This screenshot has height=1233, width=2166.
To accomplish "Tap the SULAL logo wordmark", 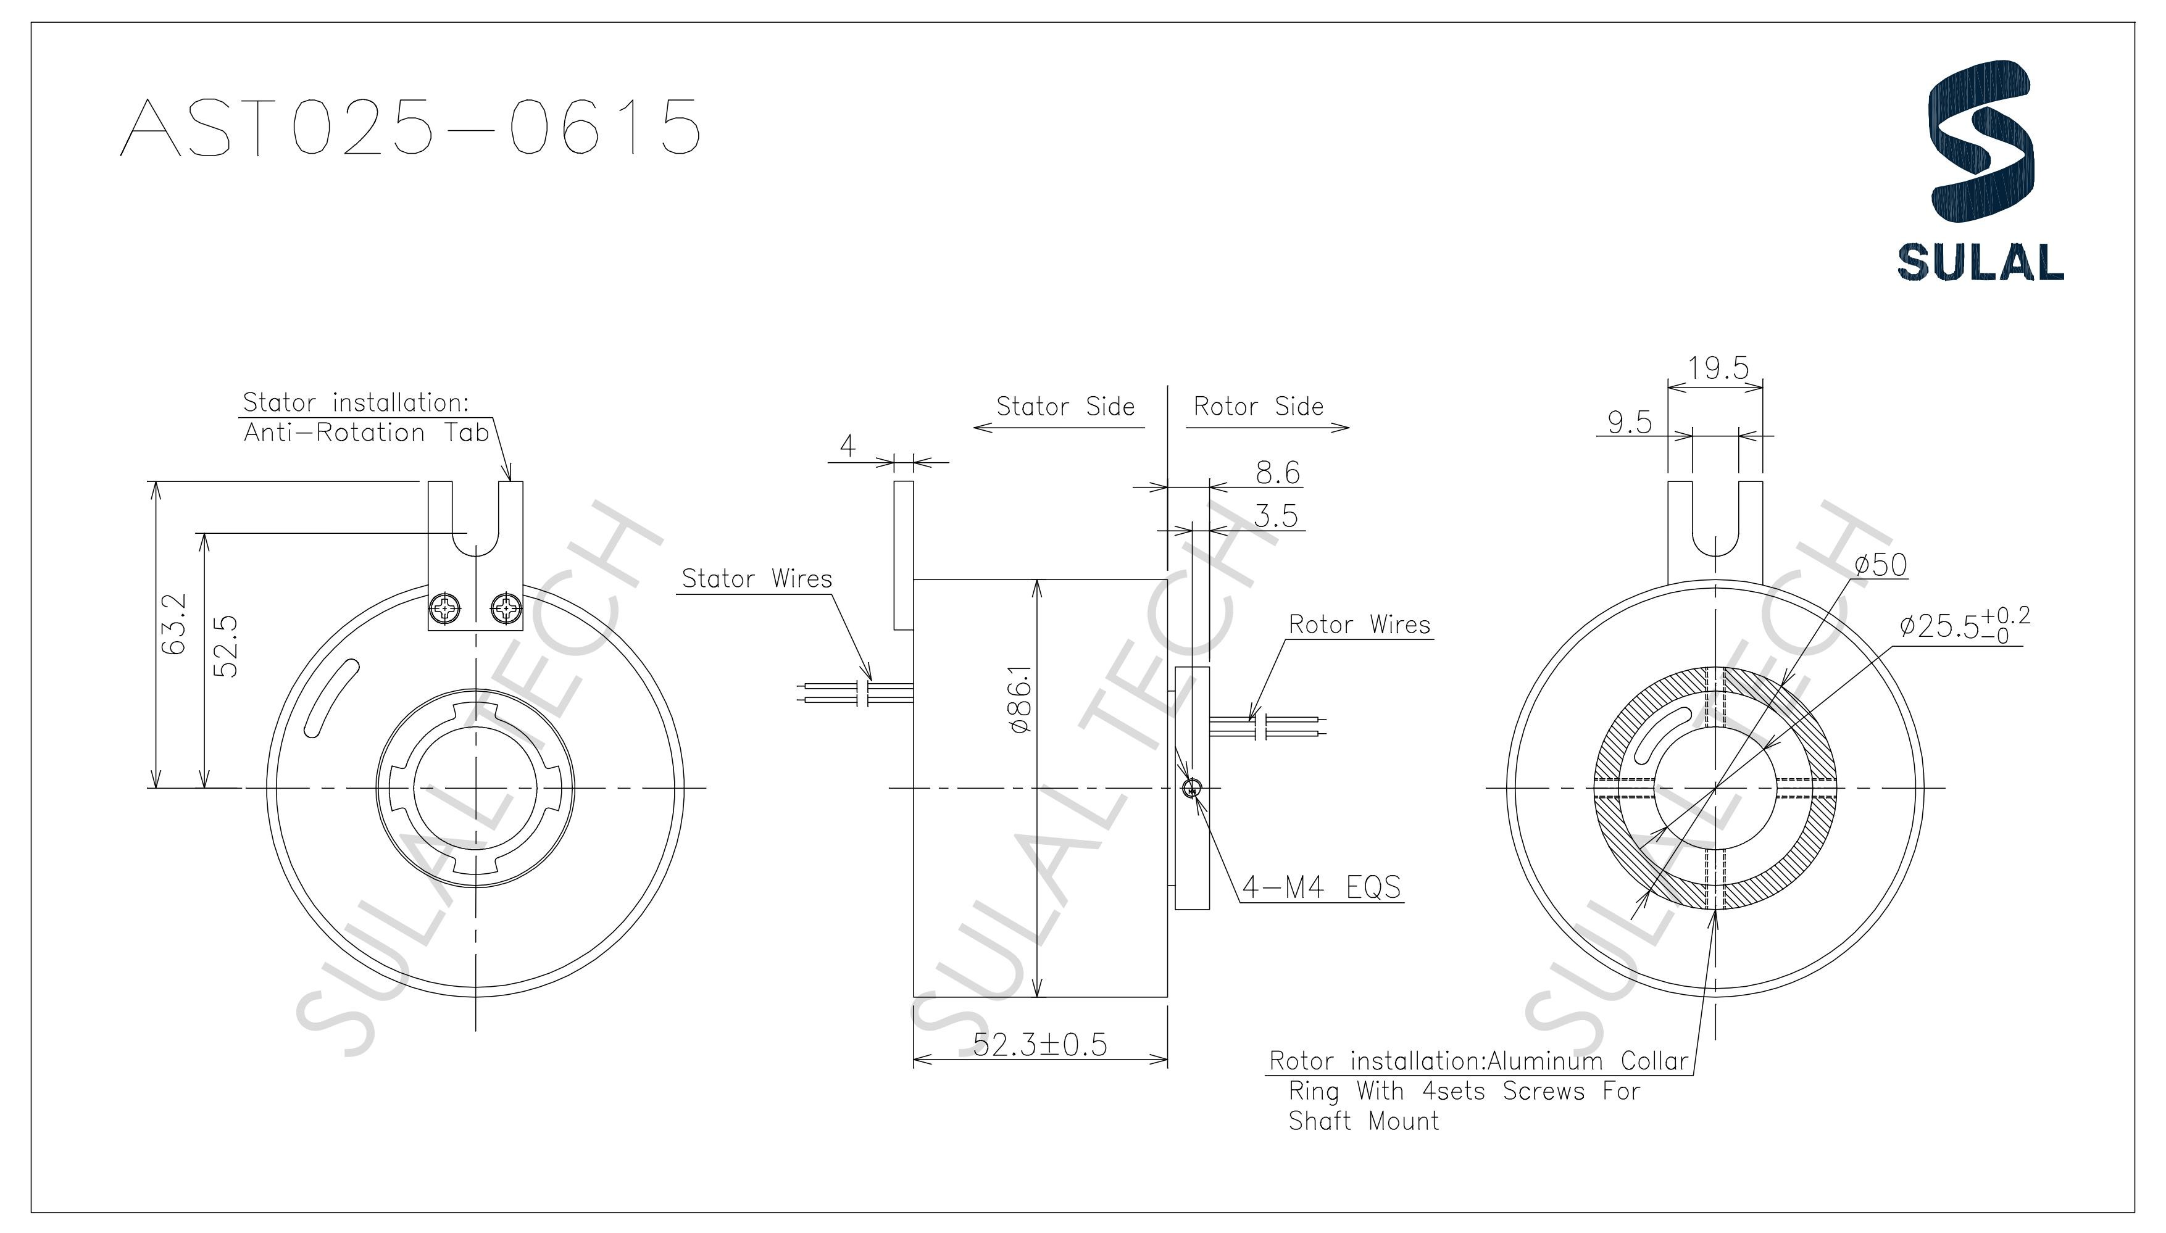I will pos(1980,262).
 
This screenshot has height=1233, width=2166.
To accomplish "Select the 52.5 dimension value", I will pos(225,646).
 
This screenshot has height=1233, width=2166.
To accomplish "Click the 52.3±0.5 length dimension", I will pos(1039,1045).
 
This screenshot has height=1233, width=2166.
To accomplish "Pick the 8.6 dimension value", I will pos(1277,473).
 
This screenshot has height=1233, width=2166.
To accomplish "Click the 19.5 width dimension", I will pos(1717,368).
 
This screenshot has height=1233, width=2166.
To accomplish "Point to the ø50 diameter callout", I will pos(1881,565).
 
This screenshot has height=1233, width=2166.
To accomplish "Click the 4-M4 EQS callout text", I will pos(1322,887).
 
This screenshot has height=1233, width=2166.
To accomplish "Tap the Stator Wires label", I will pos(756,579).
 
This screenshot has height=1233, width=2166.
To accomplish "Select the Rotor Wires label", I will pos(1359,625).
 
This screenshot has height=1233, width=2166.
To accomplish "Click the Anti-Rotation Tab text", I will pos(366,433).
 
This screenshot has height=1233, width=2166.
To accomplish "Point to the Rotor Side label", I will pos(1258,407).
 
